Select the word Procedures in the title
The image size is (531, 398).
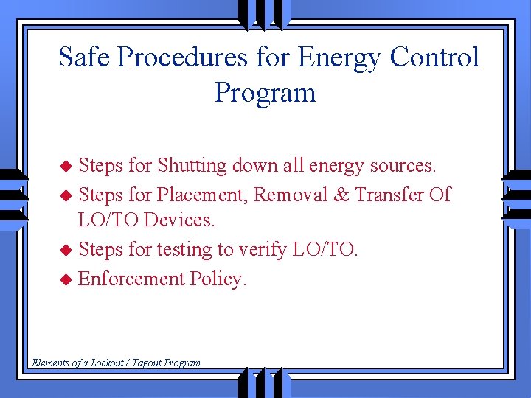185,57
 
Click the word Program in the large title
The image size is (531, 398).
265,93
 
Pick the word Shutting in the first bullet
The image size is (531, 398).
192,166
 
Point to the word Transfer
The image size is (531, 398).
389,195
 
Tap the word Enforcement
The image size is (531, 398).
131,279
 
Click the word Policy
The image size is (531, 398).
218,279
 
